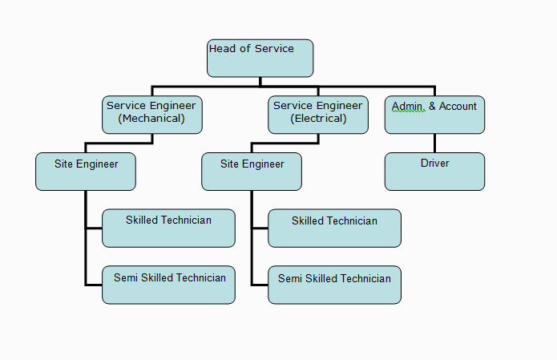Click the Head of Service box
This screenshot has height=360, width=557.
pyautogui.click(x=260, y=59)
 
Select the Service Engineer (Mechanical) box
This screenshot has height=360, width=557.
pyautogui.click(x=151, y=115)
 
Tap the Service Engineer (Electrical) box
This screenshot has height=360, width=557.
pyautogui.click(x=318, y=115)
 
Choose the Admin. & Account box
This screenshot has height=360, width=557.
pyautogui.click(x=434, y=115)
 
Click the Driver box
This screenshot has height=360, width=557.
pyautogui.click(x=434, y=172)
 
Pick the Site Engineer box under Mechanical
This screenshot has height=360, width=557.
pyautogui.click(x=86, y=172)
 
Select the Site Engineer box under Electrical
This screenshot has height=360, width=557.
pyautogui.click(x=252, y=172)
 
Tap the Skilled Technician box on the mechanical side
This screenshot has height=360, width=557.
pyautogui.click(x=168, y=229)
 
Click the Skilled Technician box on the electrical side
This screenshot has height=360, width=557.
pyautogui.click(x=334, y=229)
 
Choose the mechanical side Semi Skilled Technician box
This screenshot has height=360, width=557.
pyautogui.click(x=168, y=285)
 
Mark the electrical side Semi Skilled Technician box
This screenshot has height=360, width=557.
pyautogui.click(x=334, y=285)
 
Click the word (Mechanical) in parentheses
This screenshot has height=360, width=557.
pyautogui.click(x=151, y=119)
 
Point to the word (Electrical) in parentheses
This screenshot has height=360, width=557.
pyautogui.click(x=318, y=119)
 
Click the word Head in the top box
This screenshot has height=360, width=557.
pyautogui.click(x=223, y=49)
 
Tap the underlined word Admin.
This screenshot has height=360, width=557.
pyautogui.click(x=407, y=106)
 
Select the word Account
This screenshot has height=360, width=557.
pyautogui.click(x=458, y=106)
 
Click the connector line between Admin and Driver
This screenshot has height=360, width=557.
pyautogui.click(x=434, y=143)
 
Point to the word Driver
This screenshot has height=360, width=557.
pyautogui.click(x=434, y=164)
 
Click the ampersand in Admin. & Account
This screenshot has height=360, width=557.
pyautogui.click(x=430, y=106)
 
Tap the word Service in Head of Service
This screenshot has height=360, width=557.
pyautogui.click(x=274, y=49)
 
